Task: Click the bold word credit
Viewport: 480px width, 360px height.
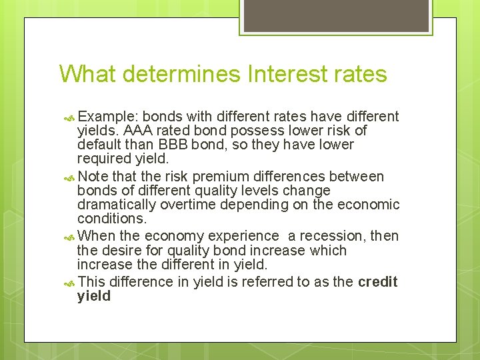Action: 377,282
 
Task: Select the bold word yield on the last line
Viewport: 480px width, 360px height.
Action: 94,296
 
